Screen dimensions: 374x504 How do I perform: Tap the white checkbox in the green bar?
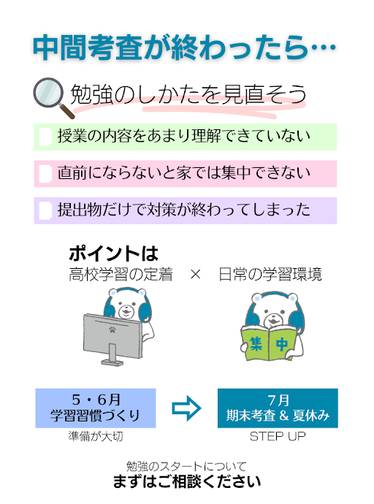(45, 137)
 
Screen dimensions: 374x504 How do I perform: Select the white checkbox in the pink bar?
(45, 174)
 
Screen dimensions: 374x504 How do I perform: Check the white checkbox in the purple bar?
(45, 210)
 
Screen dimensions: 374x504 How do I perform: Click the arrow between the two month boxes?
(187, 408)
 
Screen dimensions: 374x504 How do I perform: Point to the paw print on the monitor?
(112, 329)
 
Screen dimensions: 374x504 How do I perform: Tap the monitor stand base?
(112, 362)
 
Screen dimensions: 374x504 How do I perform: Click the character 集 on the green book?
(256, 343)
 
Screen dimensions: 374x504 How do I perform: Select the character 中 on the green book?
(282, 344)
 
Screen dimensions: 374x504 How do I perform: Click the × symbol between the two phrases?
(196, 275)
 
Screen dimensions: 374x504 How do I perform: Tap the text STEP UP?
(278, 436)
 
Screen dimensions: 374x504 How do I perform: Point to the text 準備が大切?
(96, 436)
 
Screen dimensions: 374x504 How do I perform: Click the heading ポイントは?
(113, 253)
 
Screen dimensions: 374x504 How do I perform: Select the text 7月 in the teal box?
(278, 400)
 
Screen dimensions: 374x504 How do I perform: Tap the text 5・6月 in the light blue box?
(96, 400)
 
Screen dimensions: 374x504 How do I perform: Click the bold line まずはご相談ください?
(187, 481)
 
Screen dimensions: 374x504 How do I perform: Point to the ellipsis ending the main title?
(324, 48)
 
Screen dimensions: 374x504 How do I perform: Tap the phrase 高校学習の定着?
(121, 275)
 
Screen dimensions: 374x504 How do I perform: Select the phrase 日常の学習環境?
(270, 275)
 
